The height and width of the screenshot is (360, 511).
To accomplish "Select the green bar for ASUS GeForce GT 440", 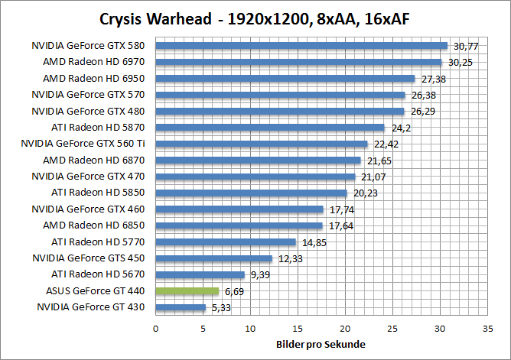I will point(187,291).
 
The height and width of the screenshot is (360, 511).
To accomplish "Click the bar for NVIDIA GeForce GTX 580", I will point(301,46).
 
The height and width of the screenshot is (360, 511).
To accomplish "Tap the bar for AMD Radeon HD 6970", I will point(299,62).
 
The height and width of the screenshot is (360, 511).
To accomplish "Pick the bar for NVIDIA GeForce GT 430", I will point(181,307).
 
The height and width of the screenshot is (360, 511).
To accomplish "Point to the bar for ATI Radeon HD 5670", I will point(200,274).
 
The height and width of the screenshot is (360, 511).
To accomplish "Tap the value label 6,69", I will point(234,291).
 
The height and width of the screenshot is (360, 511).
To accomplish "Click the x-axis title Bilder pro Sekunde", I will point(319,344).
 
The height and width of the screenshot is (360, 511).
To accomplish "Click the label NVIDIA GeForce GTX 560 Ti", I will point(87,144).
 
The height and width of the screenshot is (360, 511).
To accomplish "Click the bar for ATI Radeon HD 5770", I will point(226,242).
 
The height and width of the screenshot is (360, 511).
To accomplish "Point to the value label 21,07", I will point(372,177).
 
